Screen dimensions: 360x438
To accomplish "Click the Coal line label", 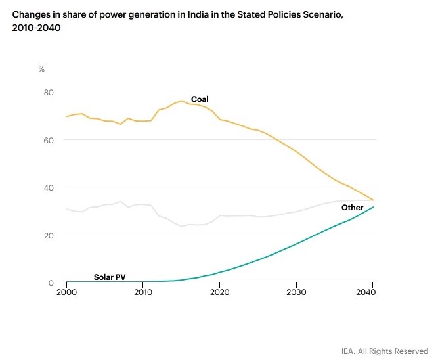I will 200,99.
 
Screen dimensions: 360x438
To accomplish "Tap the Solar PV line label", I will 110,277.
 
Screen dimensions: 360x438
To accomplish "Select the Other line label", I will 352,208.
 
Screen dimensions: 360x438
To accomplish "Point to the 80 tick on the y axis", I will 49,91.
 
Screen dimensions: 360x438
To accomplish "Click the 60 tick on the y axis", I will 49,139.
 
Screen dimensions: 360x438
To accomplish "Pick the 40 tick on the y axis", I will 49,187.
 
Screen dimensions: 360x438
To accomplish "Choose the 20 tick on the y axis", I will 49,235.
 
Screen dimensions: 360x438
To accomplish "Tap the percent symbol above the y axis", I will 41,69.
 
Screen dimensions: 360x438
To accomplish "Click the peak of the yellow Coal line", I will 181,101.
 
